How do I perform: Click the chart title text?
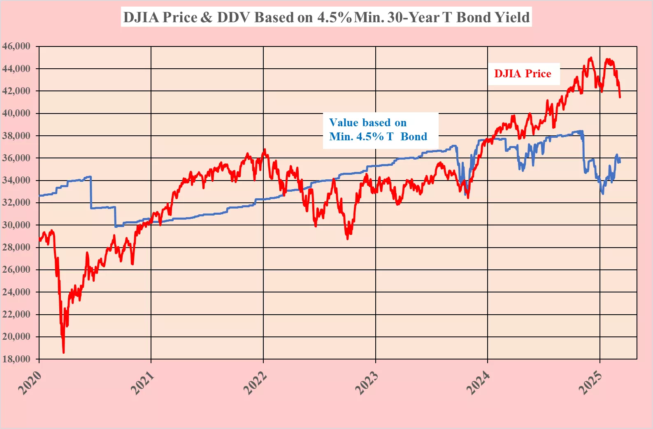(326, 17)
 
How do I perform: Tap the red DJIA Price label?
(523, 74)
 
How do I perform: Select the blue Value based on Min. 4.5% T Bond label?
(378, 130)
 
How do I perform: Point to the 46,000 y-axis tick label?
(16, 46)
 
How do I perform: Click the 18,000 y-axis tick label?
(16, 359)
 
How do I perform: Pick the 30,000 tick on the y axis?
(16, 225)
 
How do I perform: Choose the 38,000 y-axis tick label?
(16, 135)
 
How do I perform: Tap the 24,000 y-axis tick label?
(16, 292)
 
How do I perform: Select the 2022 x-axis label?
(255, 383)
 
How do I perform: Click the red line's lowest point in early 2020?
(63, 352)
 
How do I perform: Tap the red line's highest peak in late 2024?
(591, 58)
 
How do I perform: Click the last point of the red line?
(620, 97)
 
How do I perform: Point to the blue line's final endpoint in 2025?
(620, 161)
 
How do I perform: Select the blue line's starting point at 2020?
(40, 195)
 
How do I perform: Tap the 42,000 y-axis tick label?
(16, 91)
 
